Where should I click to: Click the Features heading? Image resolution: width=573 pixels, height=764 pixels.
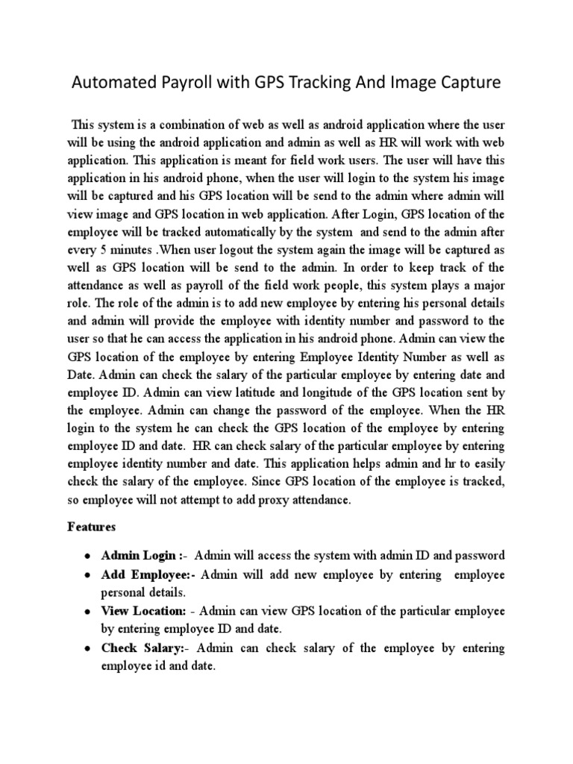(x=93, y=527)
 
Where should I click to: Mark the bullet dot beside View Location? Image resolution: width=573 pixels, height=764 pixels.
(x=88, y=612)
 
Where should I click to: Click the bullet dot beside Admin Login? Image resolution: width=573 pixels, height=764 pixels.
(x=88, y=556)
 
